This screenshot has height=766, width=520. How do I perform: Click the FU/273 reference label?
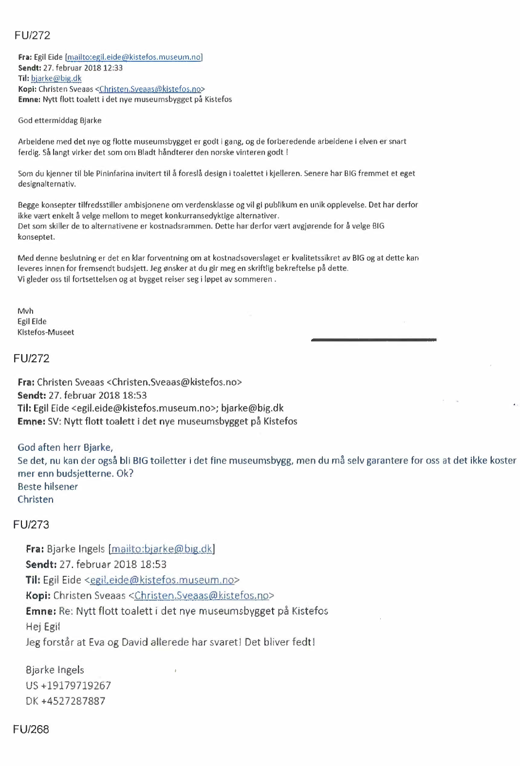tap(31, 524)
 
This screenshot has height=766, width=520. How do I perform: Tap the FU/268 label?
tap(31, 729)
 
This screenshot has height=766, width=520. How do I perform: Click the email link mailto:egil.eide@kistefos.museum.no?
tap(134, 57)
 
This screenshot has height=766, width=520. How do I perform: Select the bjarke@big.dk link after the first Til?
tap(56, 78)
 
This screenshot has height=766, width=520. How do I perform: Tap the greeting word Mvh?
tap(25, 311)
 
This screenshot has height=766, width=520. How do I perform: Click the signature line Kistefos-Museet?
tap(46, 332)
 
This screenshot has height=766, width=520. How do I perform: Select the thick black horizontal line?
tap(373, 339)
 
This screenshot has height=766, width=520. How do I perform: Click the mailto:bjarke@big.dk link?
tap(162, 549)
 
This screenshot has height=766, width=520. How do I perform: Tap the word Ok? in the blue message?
tap(125, 473)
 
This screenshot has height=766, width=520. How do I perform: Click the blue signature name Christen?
tap(36, 499)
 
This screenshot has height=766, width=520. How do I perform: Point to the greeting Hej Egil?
tap(43, 626)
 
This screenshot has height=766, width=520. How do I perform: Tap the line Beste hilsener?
tap(48, 486)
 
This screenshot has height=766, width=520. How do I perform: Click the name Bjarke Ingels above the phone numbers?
tap(55, 670)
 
